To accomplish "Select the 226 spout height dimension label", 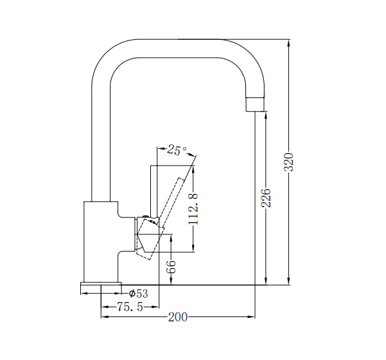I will pos(266,198).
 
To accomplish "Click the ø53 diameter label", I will pos(138,294).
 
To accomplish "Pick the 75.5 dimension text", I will pos(129,307).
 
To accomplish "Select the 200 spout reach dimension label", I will pos(177,317).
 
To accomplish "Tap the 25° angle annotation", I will pos(176,151).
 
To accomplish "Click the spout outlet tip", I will pos(256,103).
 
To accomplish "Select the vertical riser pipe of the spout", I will pos(101,141).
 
